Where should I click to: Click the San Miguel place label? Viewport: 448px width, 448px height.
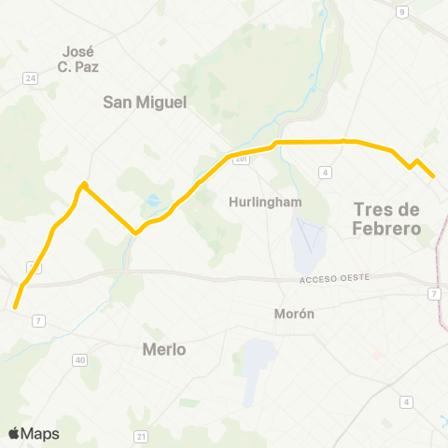click(145, 102)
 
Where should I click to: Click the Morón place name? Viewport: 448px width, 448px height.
click(294, 314)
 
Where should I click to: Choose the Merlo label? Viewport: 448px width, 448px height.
click(163, 349)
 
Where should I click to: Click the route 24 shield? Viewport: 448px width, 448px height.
click(30, 77)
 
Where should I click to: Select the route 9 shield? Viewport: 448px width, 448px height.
click(401, 11)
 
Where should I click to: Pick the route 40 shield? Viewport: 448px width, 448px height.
click(80, 359)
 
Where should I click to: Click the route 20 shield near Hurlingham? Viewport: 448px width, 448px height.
click(241, 160)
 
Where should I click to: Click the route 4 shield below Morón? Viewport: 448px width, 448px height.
click(406, 402)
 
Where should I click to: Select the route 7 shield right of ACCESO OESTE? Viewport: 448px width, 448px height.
click(435, 294)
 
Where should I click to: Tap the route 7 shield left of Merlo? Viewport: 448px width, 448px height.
click(38, 321)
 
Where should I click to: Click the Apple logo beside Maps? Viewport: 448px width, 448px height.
click(14, 433)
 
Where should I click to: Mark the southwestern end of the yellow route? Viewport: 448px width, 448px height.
click(15, 305)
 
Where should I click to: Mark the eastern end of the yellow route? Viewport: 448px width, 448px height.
click(434, 175)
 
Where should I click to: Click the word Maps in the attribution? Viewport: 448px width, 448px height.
click(40, 433)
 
